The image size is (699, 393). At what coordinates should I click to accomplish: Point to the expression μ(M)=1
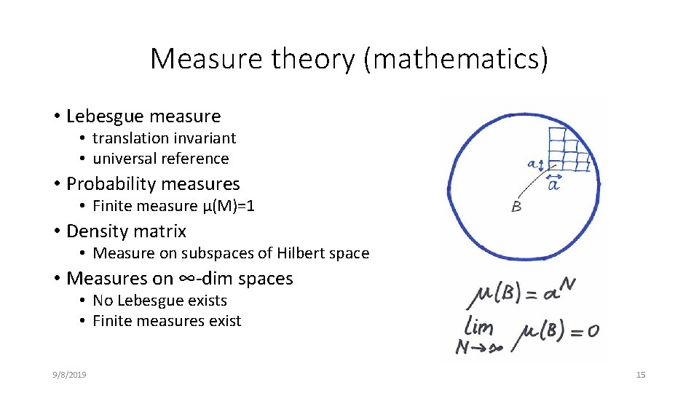click(228, 206)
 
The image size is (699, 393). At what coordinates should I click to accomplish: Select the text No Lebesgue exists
click(159, 301)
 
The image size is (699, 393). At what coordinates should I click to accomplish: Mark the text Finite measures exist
click(167, 321)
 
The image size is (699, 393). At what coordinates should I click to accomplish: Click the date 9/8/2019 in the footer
click(70, 375)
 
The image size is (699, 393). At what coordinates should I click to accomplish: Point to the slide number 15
click(641, 375)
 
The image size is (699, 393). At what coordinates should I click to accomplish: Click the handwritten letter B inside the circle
click(516, 207)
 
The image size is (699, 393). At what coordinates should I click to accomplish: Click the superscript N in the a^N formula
click(567, 285)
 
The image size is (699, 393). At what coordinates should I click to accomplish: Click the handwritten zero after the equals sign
click(593, 330)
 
